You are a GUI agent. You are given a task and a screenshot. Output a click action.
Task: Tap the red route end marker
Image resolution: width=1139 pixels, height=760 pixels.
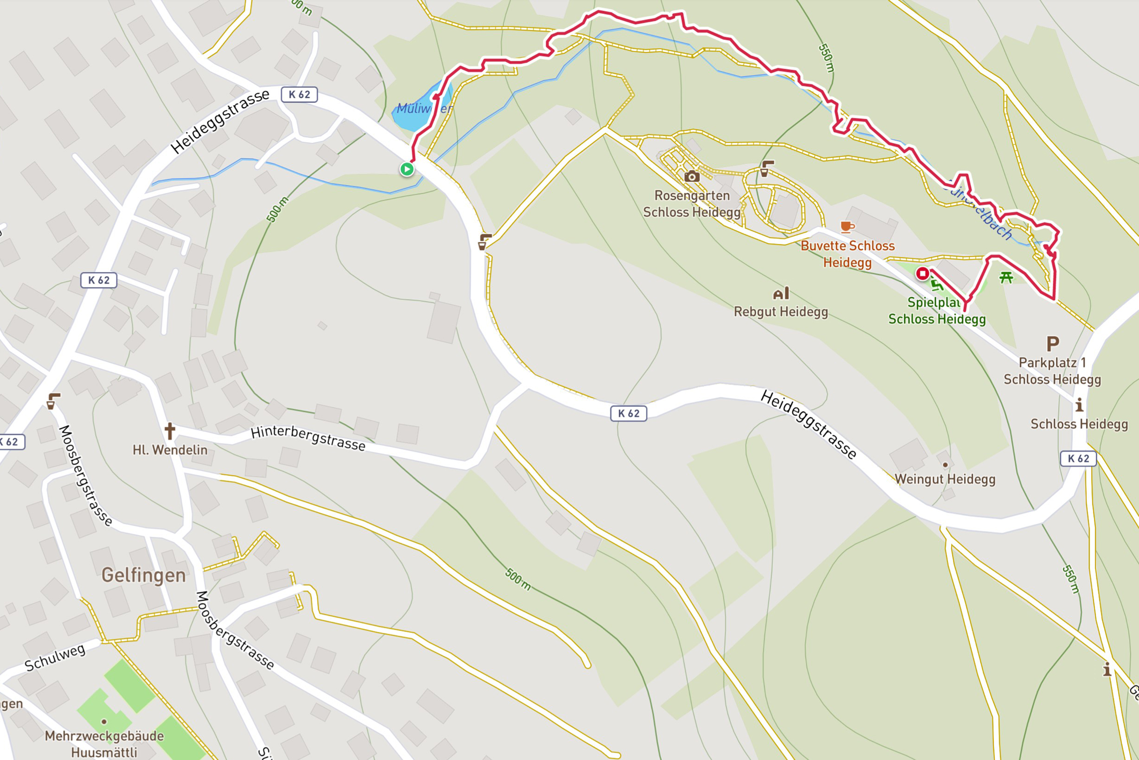click(x=923, y=274)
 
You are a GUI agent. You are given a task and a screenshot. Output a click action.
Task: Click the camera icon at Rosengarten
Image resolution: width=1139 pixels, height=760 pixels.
click(x=692, y=177)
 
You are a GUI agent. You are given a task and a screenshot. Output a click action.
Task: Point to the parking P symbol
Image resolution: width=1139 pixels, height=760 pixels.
click(x=1052, y=344)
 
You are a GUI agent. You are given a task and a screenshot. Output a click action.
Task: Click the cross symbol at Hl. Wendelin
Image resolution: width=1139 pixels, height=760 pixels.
click(x=170, y=430)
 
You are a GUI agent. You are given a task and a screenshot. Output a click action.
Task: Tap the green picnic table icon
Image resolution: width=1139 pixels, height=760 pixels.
click(x=1006, y=277)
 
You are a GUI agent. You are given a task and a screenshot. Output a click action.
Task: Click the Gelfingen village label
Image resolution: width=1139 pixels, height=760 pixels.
click(x=143, y=575)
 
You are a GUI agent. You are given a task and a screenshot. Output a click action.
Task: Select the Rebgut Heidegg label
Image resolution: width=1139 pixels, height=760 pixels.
click(x=781, y=311)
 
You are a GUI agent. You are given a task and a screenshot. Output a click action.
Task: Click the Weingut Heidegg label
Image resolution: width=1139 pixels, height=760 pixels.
click(x=945, y=479)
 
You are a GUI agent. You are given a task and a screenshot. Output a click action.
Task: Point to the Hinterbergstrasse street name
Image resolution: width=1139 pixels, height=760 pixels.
click(x=308, y=438)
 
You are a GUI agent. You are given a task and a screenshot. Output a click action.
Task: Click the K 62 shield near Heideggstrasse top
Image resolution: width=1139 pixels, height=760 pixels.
click(x=299, y=95)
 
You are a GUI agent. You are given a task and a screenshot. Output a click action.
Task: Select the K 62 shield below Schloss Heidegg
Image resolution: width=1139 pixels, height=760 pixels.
click(x=1078, y=458)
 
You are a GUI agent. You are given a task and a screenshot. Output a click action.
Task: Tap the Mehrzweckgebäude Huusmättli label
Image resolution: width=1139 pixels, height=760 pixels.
click(x=104, y=743)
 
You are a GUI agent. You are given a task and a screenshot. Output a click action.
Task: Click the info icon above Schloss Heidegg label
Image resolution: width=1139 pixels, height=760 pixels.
click(x=1079, y=405)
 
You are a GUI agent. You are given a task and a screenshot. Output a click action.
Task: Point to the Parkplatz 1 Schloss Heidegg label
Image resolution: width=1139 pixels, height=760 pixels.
click(x=1052, y=371)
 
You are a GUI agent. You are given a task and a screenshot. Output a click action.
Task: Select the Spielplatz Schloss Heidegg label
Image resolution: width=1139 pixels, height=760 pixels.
click(x=937, y=311)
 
